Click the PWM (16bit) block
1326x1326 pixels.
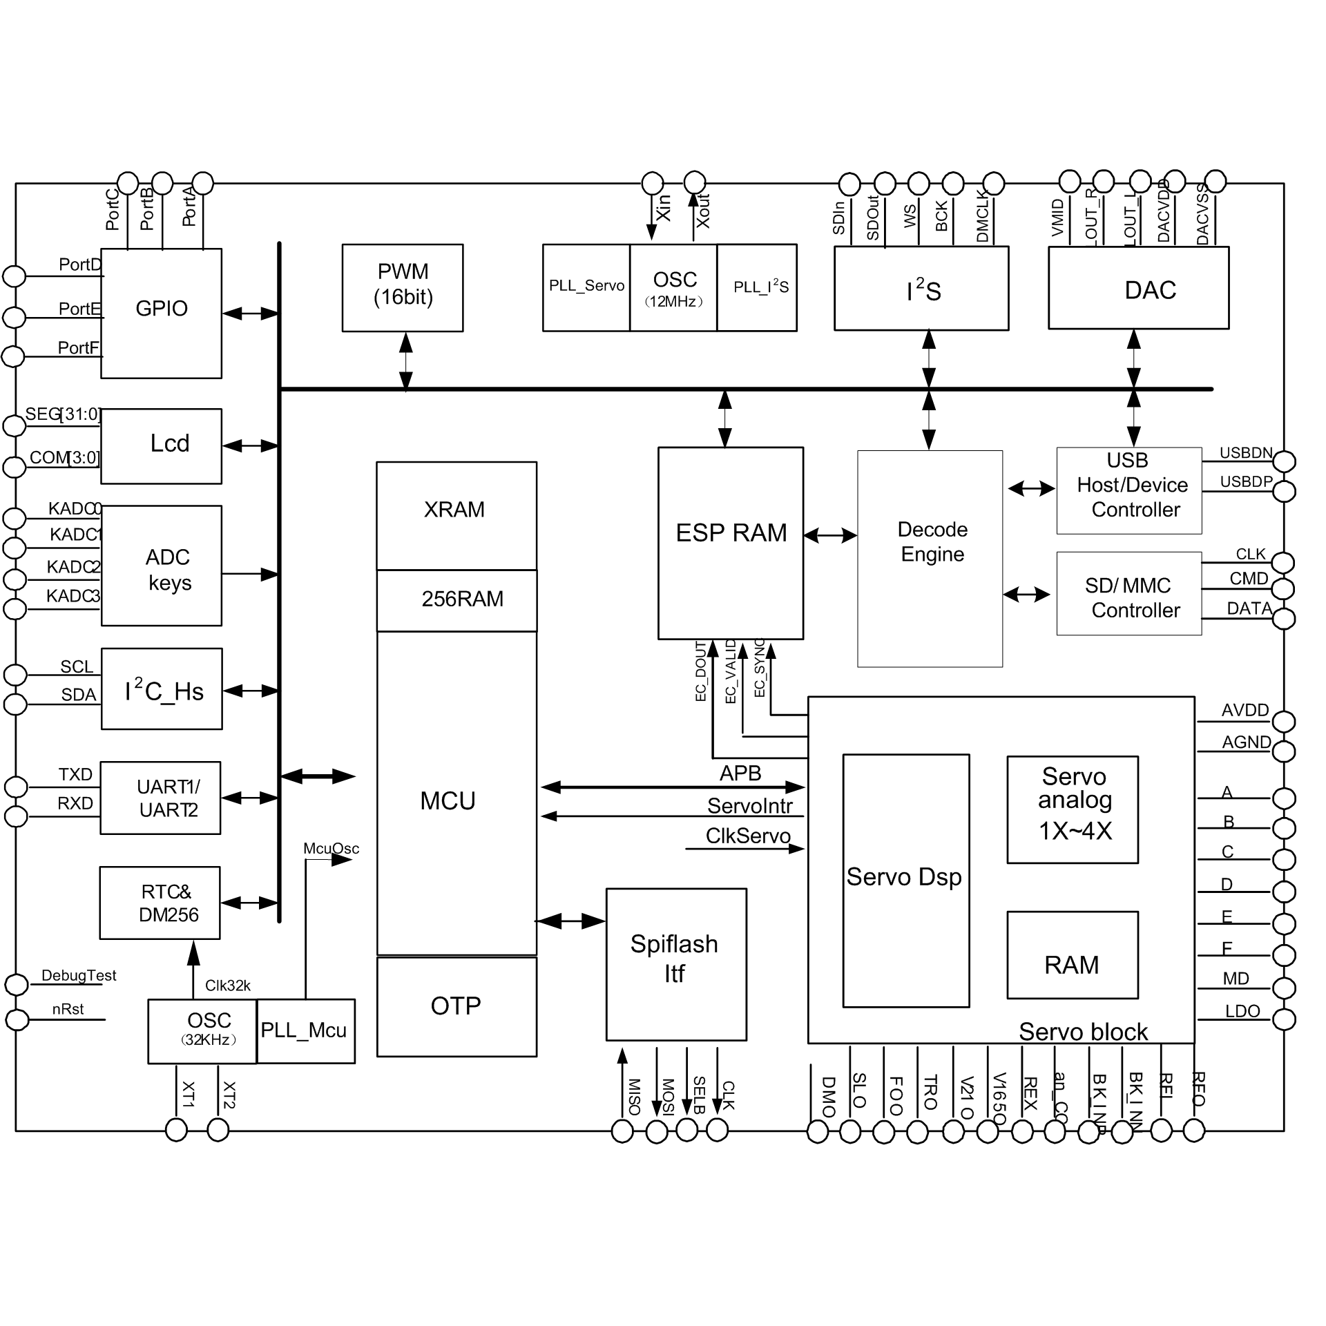403,287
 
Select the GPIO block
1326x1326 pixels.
161,313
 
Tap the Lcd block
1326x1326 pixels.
161,445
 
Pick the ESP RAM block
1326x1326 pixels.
730,543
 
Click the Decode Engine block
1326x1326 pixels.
930,558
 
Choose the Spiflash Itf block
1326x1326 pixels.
675,964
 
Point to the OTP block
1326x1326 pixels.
456,1006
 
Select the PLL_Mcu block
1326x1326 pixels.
305,1030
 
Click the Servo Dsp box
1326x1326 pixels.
905,880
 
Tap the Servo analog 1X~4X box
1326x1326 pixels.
1072,809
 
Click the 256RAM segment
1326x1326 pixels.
456,599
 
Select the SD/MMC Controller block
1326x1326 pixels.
1128,593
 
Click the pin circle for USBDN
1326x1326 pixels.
1284,461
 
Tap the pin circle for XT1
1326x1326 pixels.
177,1131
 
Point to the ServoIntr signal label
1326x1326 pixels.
749,806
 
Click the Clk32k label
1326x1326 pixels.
227,986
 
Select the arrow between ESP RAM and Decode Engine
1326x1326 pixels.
830,535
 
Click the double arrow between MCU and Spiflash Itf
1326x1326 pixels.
570,921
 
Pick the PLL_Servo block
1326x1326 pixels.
586,287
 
